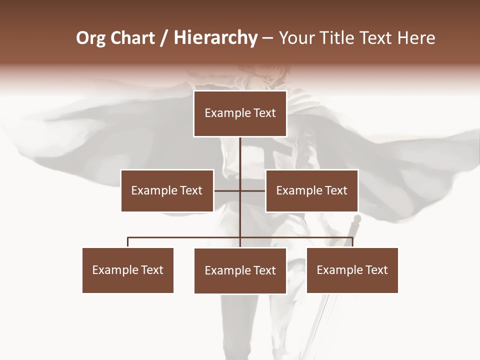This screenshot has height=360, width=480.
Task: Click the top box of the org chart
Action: pyautogui.click(x=240, y=113)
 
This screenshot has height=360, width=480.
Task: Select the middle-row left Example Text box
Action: pyautogui.click(x=167, y=190)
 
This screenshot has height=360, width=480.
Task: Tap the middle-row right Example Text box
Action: pyautogui.click(x=311, y=190)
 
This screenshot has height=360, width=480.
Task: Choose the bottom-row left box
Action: pyautogui.click(x=128, y=270)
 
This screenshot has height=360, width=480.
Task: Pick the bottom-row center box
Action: pyautogui.click(x=240, y=270)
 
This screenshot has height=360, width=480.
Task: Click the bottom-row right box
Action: pyautogui.click(x=352, y=270)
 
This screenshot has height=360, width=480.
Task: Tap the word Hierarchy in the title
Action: pyautogui.click(x=215, y=38)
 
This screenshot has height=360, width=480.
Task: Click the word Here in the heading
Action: pyautogui.click(x=416, y=38)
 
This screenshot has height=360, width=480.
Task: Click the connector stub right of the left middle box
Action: pyautogui.click(x=226, y=190)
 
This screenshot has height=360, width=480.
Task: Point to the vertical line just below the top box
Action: pyautogui.click(x=240, y=150)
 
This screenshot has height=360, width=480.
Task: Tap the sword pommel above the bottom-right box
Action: pyautogui.click(x=356, y=219)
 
